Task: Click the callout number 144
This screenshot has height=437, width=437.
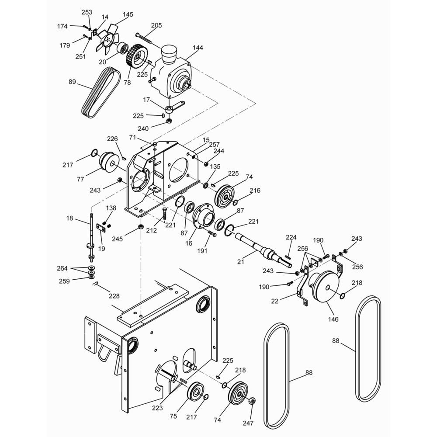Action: point(198,48)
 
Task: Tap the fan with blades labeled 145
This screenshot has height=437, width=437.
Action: point(108,39)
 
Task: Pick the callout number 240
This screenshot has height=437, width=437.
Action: point(143,128)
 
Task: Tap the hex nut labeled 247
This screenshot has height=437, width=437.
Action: point(251,401)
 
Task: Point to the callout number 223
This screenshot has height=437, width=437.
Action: point(157,408)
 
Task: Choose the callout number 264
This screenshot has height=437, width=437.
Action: point(62,268)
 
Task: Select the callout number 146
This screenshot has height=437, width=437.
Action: point(333,319)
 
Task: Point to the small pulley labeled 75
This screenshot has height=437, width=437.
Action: point(195,392)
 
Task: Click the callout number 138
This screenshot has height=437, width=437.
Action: point(111,208)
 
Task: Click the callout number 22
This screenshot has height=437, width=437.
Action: point(275,301)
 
